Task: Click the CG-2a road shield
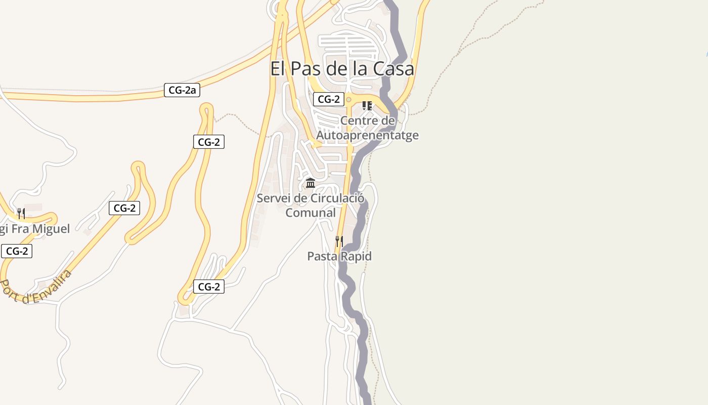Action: click(182, 91)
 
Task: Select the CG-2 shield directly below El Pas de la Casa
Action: click(329, 99)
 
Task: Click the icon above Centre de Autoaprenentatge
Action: click(367, 106)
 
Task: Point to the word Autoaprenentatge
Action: click(367, 135)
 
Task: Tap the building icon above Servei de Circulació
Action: click(311, 183)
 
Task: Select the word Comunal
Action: click(311, 213)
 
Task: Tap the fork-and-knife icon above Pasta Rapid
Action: click(339, 241)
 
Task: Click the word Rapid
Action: click(355, 256)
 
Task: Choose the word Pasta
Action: click(322, 256)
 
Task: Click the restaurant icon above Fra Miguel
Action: click(21, 214)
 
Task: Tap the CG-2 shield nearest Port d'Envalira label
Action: click(17, 251)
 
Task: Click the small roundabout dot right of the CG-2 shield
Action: click(348, 100)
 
